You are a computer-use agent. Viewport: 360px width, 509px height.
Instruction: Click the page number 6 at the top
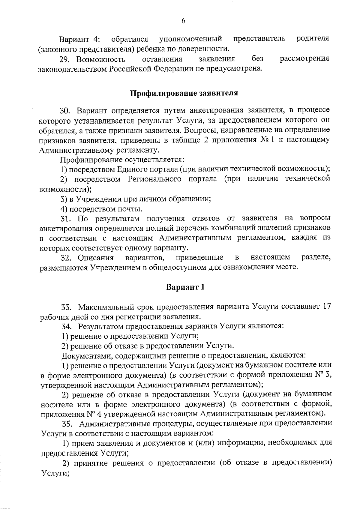click(183, 20)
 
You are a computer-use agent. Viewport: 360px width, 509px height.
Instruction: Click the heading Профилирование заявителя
click(184, 93)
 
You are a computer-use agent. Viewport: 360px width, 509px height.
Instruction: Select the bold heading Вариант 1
click(185, 287)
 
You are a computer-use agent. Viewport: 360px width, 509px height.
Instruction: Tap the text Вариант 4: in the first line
click(79, 39)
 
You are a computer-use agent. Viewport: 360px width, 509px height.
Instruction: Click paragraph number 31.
click(66, 218)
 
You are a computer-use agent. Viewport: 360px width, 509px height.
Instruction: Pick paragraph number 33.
click(66, 307)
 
